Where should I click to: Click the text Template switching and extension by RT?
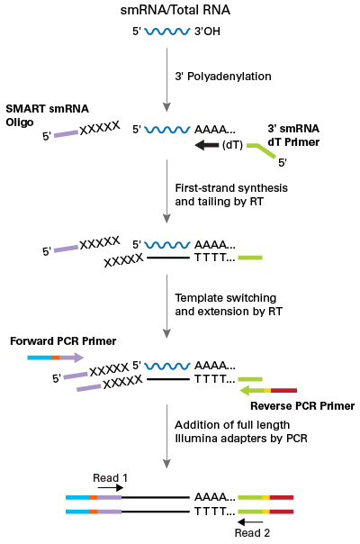[x=225, y=304]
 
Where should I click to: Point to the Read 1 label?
[x=111, y=477]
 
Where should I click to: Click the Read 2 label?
[x=252, y=532]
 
